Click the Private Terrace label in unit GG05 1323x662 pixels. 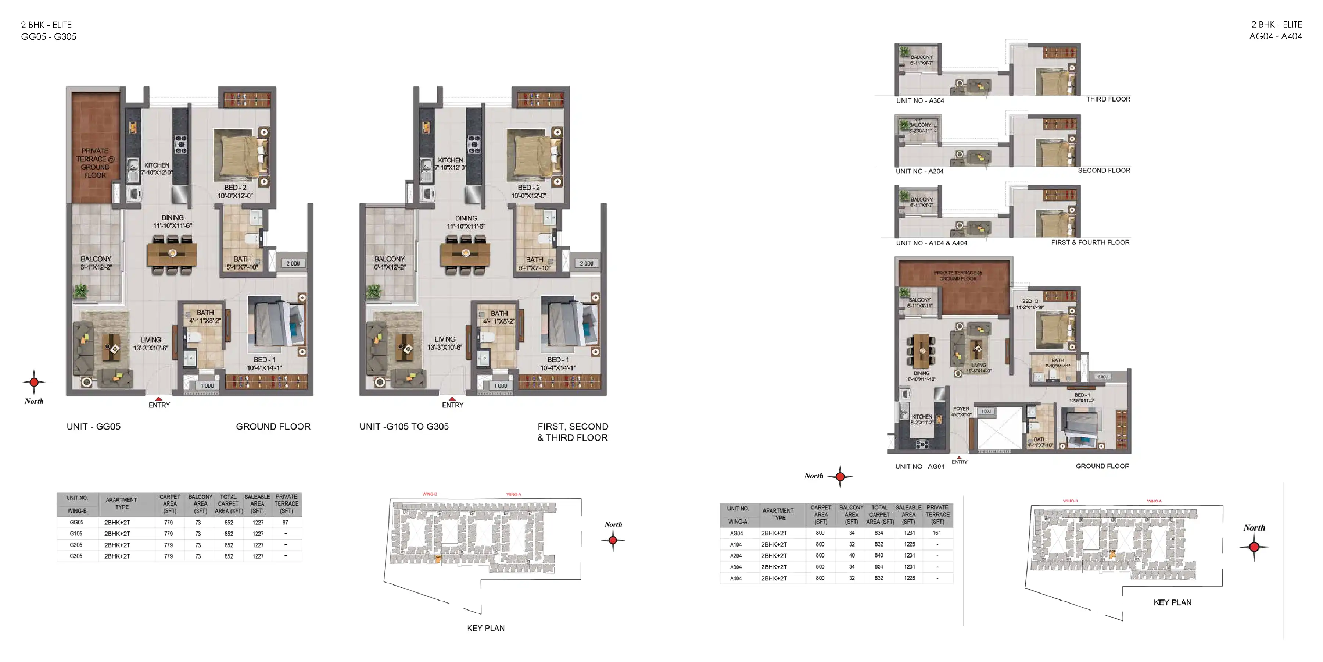coord(95,163)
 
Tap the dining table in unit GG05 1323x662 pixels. coord(172,253)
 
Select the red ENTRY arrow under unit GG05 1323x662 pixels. coord(159,399)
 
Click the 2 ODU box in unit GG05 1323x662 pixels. coord(293,263)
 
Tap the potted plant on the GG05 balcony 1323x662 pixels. coord(80,291)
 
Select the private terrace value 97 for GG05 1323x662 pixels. coord(285,522)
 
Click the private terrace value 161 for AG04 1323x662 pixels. coord(937,533)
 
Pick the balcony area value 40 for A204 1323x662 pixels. coord(851,556)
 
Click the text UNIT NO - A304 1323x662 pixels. coord(920,100)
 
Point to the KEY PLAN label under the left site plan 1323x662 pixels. coord(485,628)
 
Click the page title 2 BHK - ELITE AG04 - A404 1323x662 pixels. coord(1275,30)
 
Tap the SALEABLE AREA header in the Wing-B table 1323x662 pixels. coord(257,504)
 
